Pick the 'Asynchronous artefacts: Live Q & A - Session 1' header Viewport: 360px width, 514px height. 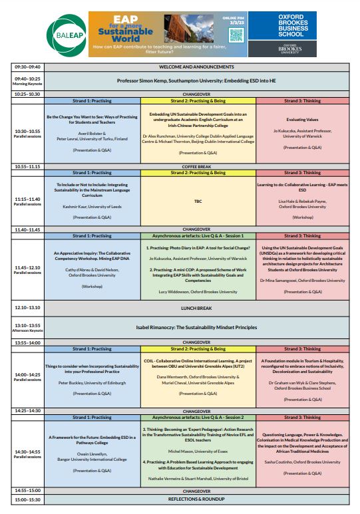click(x=198, y=235)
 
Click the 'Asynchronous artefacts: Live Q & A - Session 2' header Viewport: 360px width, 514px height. click(x=198, y=418)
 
